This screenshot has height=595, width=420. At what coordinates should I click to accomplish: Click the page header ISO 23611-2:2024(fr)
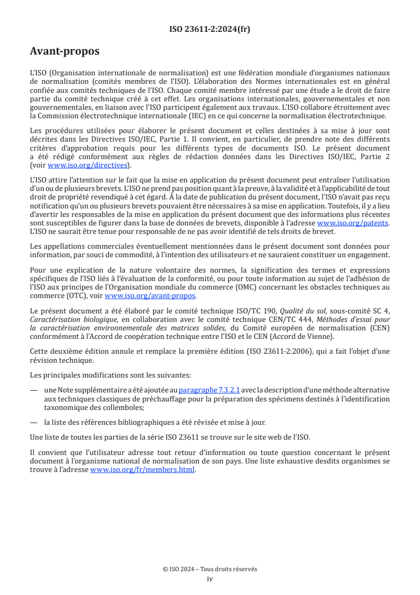[210, 29]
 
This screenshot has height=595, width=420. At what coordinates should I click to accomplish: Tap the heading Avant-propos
[65, 51]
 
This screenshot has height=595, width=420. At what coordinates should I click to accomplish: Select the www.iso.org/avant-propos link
[150, 295]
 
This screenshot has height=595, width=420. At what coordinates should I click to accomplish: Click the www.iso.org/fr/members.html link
[142, 469]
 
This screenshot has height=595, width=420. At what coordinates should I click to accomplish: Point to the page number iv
[210, 579]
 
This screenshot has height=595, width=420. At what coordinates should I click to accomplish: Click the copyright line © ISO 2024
[210, 569]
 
